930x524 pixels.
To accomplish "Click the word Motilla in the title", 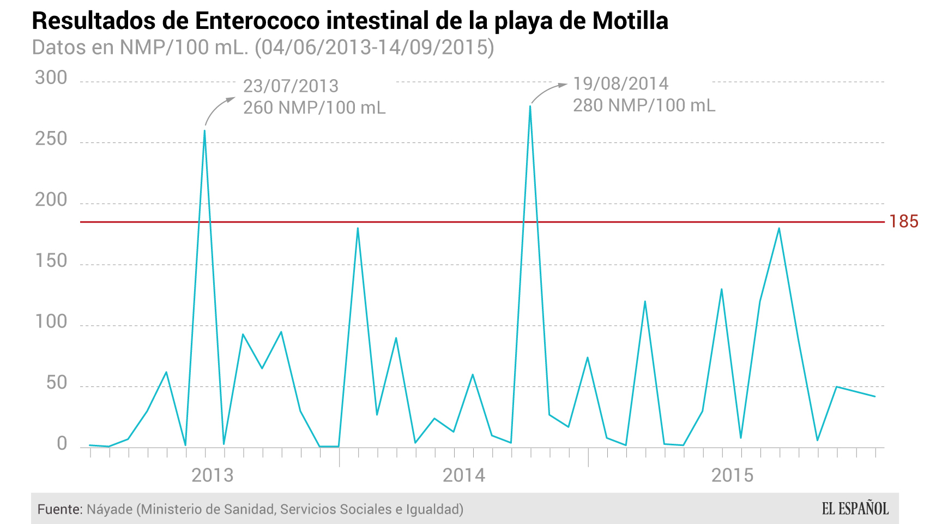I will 630,21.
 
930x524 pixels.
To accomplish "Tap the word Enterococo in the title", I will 257,21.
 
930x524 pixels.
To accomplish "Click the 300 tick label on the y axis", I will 51,78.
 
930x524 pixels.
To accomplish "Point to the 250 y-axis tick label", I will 51,139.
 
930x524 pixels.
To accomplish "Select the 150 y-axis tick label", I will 51,261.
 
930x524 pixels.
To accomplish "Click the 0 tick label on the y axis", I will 62,444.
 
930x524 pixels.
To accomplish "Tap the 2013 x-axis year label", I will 213,475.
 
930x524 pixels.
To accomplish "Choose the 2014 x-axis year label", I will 464,475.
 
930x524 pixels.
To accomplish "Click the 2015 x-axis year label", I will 732,475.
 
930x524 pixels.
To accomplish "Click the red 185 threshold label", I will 904,222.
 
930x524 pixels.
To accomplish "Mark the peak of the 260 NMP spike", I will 204,130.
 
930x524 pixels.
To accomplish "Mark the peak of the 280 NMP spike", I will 530,106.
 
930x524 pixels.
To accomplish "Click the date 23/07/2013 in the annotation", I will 291,86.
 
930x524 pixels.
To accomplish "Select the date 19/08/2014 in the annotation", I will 620,84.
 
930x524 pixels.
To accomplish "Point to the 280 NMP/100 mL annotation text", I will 644,105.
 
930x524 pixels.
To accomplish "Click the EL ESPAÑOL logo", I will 855,509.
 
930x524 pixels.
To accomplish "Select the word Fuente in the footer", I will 59,509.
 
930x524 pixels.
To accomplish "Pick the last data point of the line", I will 875,396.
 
